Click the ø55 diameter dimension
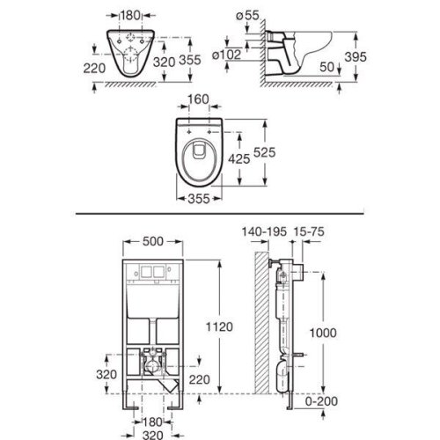point(247,15)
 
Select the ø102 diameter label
point(226,55)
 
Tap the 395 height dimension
point(356,57)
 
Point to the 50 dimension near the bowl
point(326,67)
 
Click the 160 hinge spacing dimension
point(198,99)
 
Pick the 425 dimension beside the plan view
point(239,159)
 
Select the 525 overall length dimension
point(264,152)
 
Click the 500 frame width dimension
point(153,241)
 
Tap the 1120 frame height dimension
point(219,326)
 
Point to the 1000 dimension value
point(323,333)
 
